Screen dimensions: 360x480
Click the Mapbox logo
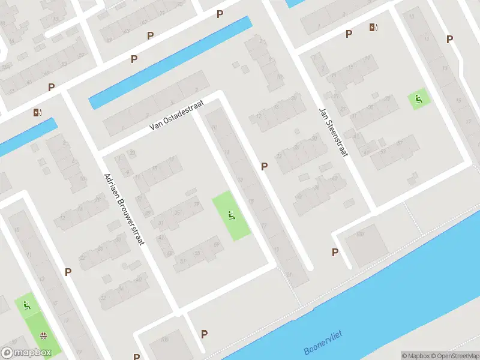pyautogui.click(x=26, y=353)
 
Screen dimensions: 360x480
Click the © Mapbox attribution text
pyautogui.click(x=416, y=356)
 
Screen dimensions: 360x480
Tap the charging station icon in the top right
pyautogui.click(x=374, y=27)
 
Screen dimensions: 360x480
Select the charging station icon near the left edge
pyautogui.click(x=38, y=112)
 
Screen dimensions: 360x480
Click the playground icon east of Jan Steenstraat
pyautogui.click(x=419, y=99)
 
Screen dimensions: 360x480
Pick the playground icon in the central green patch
pyautogui.click(x=231, y=215)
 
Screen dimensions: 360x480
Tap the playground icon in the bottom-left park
pyautogui.click(x=26, y=305)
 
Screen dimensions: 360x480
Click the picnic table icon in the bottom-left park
pyautogui.click(x=43, y=335)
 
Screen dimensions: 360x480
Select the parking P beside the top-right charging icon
pyautogui.click(x=349, y=34)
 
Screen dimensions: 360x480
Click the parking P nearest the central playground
pyautogui.click(x=263, y=166)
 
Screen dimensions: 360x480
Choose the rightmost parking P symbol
pyautogui.click(x=449, y=39)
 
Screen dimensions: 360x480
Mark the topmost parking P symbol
pyautogui.click(x=220, y=14)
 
